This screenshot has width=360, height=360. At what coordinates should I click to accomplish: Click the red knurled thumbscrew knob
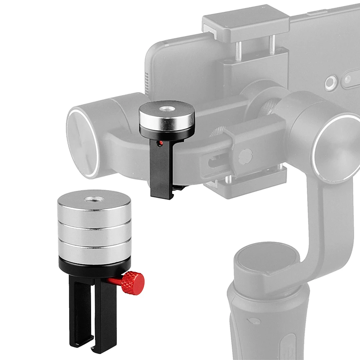click(x=133, y=283)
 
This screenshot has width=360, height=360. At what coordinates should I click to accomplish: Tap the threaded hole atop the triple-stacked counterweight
click(x=94, y=199)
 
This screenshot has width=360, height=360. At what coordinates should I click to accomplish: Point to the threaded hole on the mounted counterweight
click(x=167, y=108)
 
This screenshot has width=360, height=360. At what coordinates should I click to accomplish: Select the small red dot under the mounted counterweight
click(x=160, y=143)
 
